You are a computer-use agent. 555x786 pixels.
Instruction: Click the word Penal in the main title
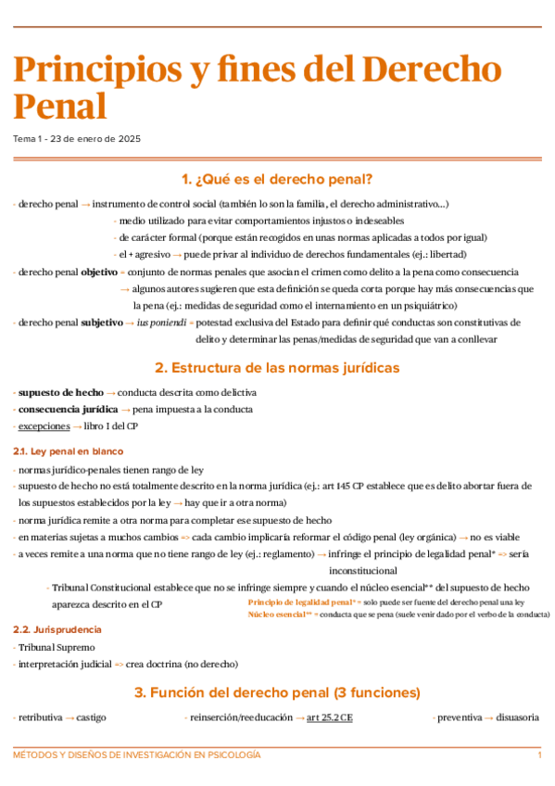tap(59, 107)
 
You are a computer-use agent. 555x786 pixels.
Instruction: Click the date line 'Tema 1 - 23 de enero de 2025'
tap(77, 139)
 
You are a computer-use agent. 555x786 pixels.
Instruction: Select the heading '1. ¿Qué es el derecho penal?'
tap(277, 179)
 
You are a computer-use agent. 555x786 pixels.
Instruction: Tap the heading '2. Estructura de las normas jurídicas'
tap(277, 368)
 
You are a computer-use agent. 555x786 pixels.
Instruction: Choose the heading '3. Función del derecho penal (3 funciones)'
tap(277, 692)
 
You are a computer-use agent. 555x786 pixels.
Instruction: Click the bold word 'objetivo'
tap(99, 272)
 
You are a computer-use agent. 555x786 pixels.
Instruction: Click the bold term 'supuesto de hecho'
tap(61, 392)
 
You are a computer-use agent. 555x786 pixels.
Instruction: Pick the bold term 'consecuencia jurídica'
tap(69, 409)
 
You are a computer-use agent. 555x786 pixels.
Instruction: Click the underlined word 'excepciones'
tap(44, 425)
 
